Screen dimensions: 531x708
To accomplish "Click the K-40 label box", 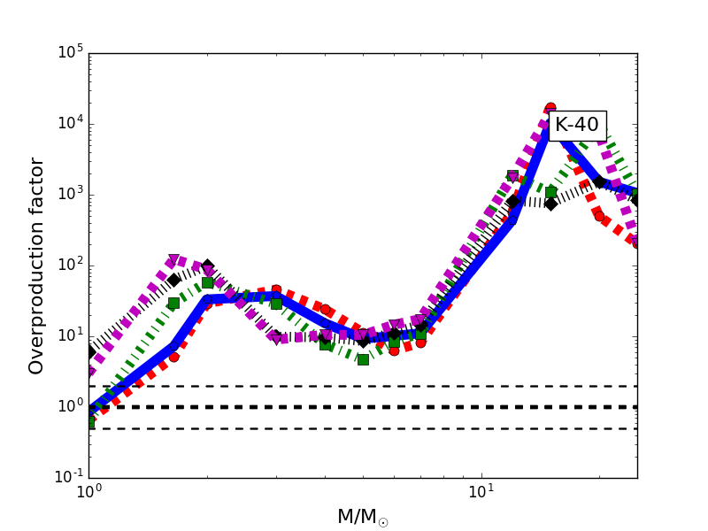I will [x=577, y=126].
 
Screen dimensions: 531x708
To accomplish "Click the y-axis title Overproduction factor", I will [x=36, y=265].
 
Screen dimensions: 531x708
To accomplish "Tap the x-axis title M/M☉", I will [x=363, y=517].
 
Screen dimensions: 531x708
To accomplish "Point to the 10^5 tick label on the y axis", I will [x=69, y=52].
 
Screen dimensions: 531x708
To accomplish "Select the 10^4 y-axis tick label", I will [x=69, y=123].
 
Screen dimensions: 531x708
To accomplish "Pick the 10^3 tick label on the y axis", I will [x=69, y=194].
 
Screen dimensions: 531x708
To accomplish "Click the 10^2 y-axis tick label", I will [x=69, y=265].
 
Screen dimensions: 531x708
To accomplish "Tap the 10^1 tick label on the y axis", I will [x=69, y=335].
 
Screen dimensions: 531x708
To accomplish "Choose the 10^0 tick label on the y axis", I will [x=69, y=406].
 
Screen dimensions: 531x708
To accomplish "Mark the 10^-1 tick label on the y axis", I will [x=67, y=477].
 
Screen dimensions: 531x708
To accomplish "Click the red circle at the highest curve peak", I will [x=550, y=108].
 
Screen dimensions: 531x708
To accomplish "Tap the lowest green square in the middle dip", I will [x=363, y=359].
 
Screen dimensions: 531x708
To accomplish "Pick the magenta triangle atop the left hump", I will [x=173, y=260].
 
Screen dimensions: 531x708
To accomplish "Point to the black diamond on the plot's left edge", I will [x=89, y=352].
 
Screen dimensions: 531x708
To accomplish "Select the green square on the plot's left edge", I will [x=89, y=423].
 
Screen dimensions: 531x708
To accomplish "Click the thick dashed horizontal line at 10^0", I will [x=354, y=407].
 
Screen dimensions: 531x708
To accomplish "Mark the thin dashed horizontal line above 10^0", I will [x=354, y=386].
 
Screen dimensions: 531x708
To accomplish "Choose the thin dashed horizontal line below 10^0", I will [x=354, y=428].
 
